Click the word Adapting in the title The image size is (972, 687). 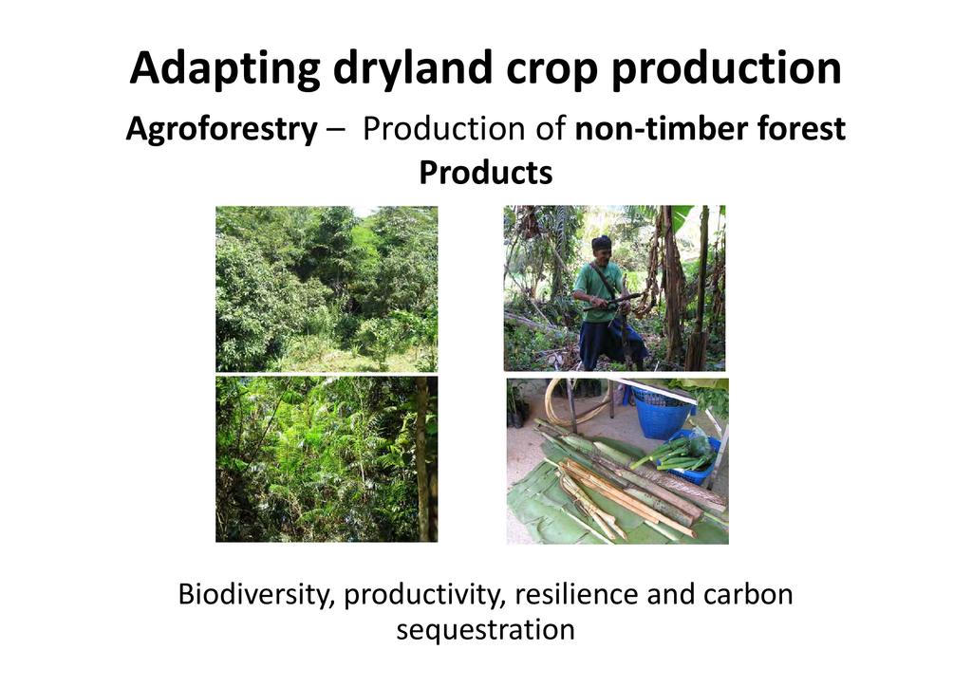coord(225,68)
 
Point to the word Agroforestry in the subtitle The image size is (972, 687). coord(221,129)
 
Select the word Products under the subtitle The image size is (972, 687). coord(485,172)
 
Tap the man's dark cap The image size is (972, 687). coord(601,242)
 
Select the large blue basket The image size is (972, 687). coord(661,411)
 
